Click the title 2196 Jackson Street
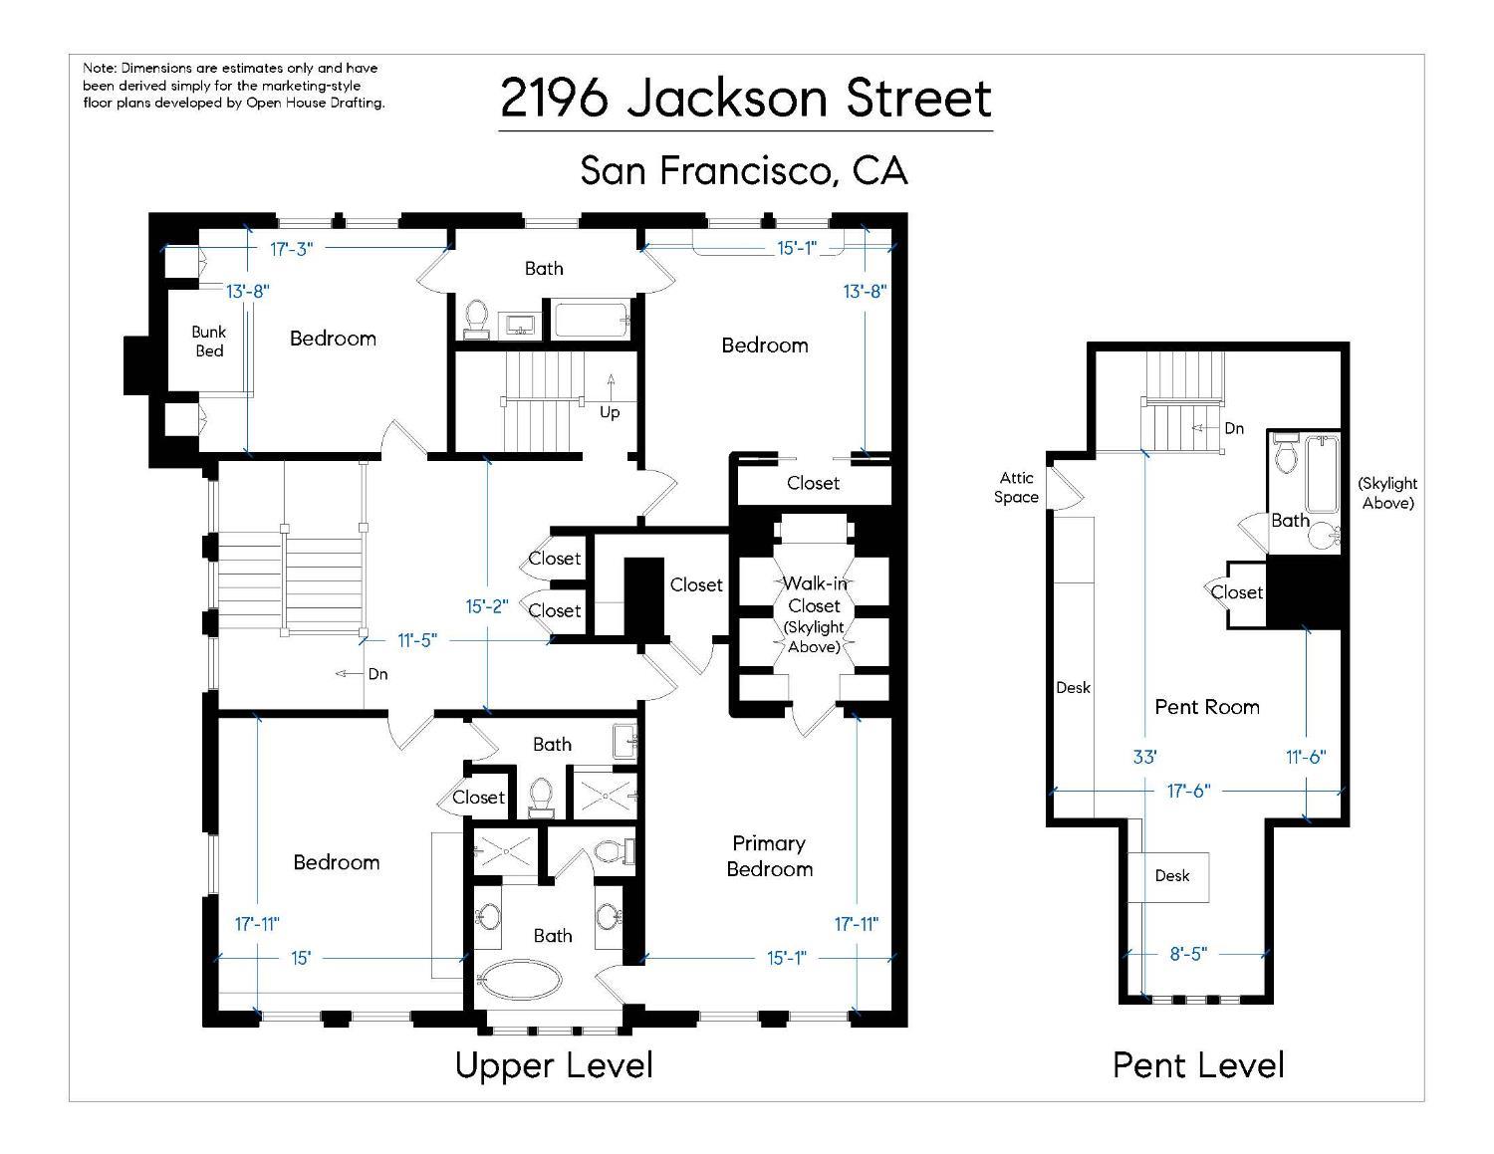click(746, 98)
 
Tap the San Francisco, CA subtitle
click(744, 170)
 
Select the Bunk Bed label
click(209, 341)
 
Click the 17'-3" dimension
click(291, 249)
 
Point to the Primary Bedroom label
click(769, 856)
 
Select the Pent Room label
click(1206, 707)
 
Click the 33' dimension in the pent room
click(1144, 757)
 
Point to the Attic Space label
click(1016, 488)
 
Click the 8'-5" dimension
click(1187, 954)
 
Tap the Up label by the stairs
click(610, 412)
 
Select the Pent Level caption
click(1198, 1065)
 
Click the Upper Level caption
click(554, 1065)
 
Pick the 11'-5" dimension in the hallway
click(417, 640)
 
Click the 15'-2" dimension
click(487, 606)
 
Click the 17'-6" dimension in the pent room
click(1187, 791)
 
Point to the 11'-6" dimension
click(1305, 757)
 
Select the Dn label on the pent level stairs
click(1234, 428)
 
